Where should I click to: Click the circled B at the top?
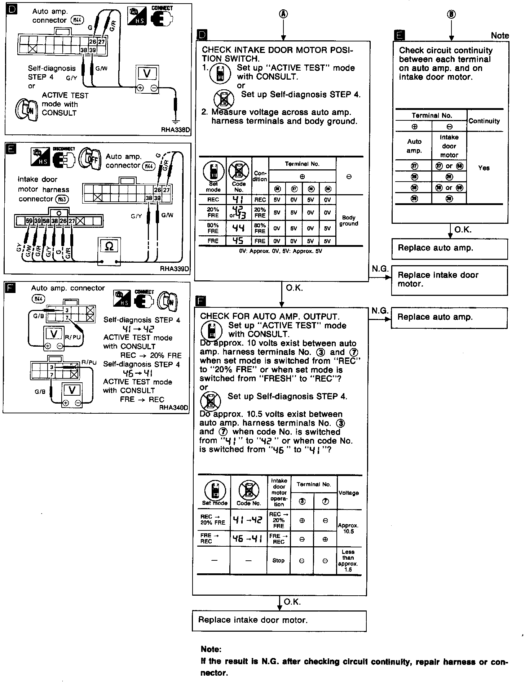451,14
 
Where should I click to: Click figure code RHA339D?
175,268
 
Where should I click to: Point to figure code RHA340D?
173,408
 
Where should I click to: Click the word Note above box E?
500,35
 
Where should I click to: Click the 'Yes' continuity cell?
484,168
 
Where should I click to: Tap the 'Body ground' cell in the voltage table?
349,221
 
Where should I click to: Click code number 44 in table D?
238,228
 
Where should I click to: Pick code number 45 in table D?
238,241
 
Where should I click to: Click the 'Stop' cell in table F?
278,561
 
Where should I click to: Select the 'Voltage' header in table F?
349,493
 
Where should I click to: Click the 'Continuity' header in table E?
484,121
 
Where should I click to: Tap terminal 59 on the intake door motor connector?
29,221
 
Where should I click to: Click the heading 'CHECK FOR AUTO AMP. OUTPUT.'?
270,316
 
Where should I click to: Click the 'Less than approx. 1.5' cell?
348,561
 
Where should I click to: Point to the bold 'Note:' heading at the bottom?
211,649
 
